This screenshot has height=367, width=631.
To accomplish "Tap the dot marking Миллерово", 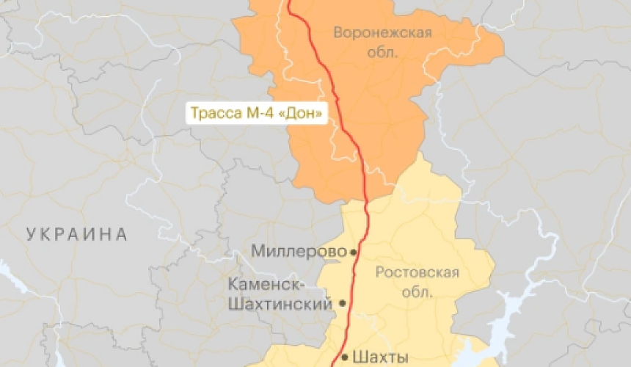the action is [353, 251].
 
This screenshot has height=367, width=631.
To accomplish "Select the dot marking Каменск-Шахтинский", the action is [342, 302].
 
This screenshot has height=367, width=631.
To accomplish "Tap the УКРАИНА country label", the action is [76, 235].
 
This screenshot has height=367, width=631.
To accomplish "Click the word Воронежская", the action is [382, 32].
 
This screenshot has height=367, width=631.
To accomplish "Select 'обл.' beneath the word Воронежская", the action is [382, 52].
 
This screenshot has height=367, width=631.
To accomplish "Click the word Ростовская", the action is [417, 273].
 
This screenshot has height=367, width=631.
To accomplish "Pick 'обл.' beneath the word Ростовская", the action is [417, 291].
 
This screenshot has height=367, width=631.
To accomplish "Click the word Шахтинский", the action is [281, 302].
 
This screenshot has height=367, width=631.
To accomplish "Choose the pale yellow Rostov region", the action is [418, 220].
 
